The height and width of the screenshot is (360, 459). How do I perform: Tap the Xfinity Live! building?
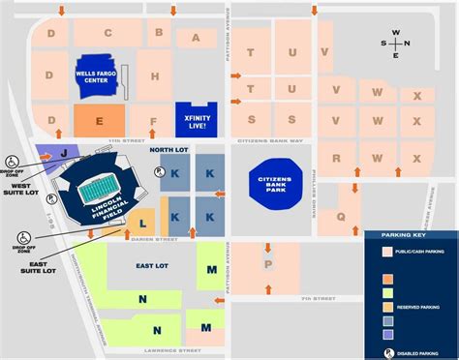click(x=196, y=117)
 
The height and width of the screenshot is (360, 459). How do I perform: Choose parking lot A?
click(x=197, y=39)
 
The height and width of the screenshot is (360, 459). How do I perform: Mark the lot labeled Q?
click(x=341, y=217)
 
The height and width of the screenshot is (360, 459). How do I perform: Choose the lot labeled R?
click(x=337, y=158)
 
